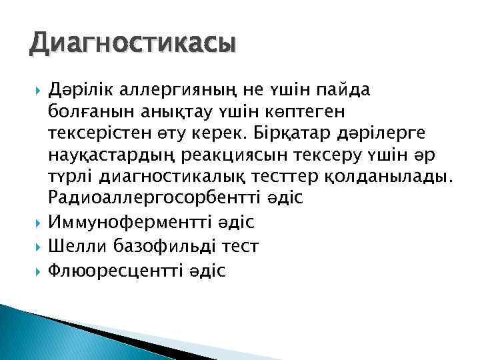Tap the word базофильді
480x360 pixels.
(x=166, y=246)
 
